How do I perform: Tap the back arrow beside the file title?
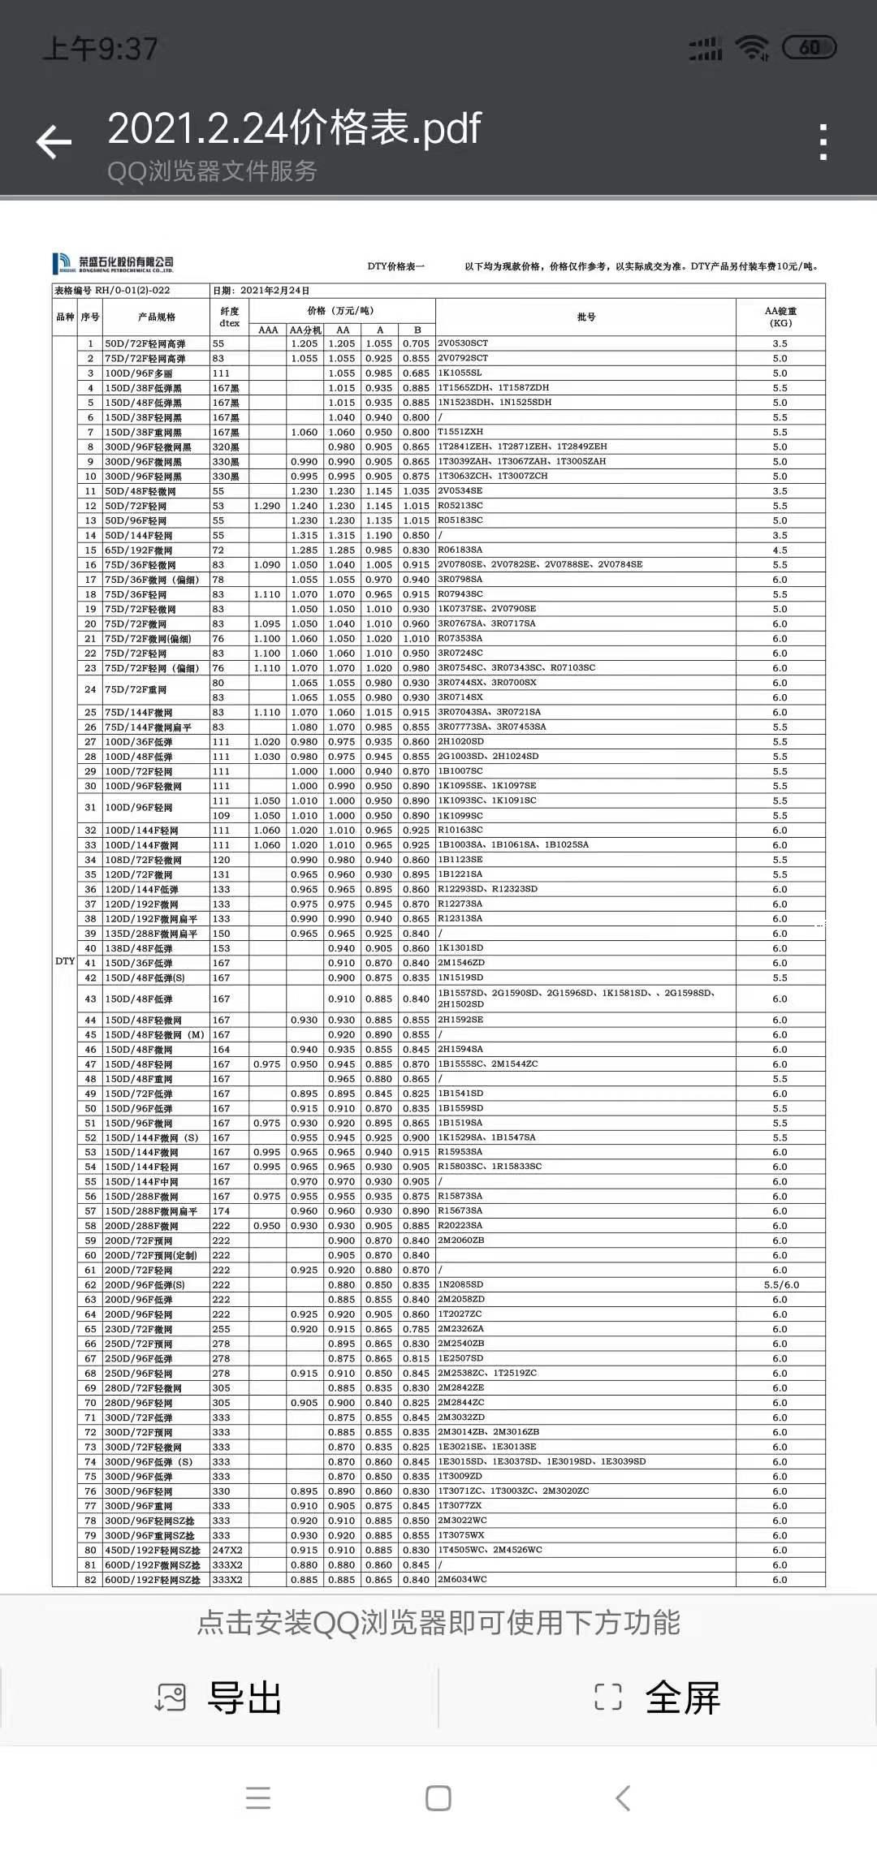(x=54, y=142)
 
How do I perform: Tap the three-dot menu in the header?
(x=823, y=143)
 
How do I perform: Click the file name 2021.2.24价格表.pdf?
(x=294, y=128)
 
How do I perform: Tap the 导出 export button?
(x=219, y=1698)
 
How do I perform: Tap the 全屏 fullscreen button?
(x=658, y=1698)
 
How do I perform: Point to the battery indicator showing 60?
(x=809, y=48)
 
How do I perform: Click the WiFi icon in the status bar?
(x=751, y=49)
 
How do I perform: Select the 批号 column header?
(x=586, y=317)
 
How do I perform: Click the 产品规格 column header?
(x=157, y=317)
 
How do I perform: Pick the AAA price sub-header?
(x=268, y=330)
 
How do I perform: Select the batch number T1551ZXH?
(x=460, y=432)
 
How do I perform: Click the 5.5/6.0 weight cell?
(x=781, y=1284)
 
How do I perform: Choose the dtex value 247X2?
(x=227, y=1550)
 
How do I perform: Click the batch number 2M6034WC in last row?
(x=463, y=1579)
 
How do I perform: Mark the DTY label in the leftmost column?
(x=65, y=961)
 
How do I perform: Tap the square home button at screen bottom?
(x=438, y=1798)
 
